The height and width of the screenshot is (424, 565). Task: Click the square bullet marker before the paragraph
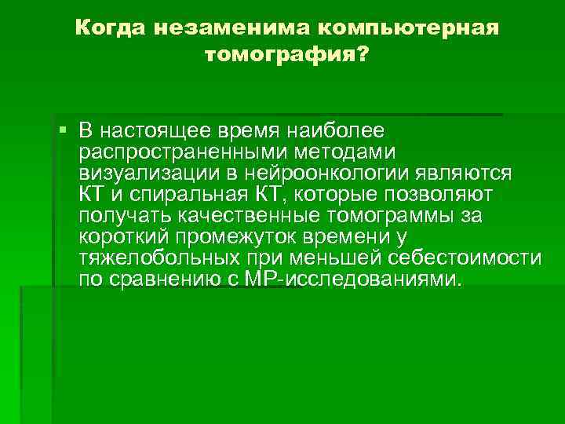(x=63, y=128)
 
